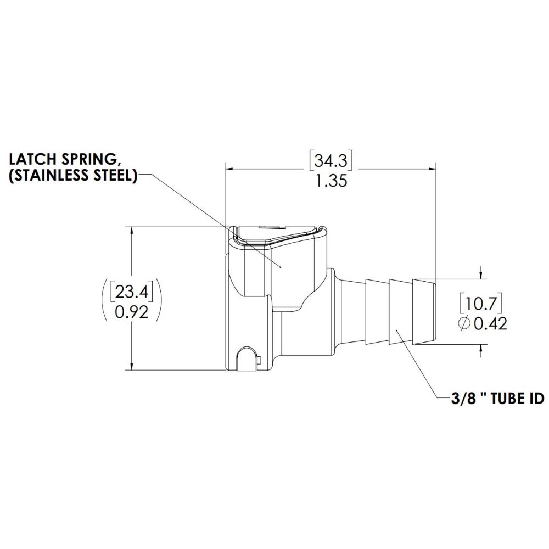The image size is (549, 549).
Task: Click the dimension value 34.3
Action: coord(332,161)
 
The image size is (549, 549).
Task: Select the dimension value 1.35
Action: coord(331,181)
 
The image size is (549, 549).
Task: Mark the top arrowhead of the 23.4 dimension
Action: coord(132,230)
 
